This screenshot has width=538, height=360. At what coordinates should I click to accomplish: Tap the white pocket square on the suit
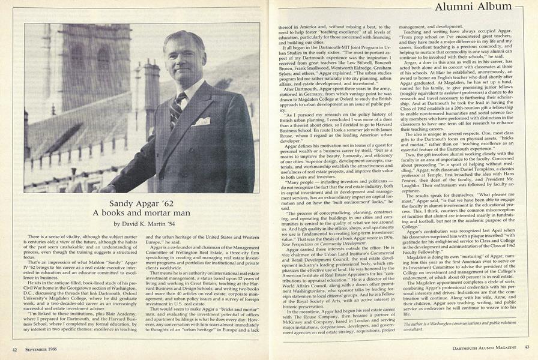(202, 121)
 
